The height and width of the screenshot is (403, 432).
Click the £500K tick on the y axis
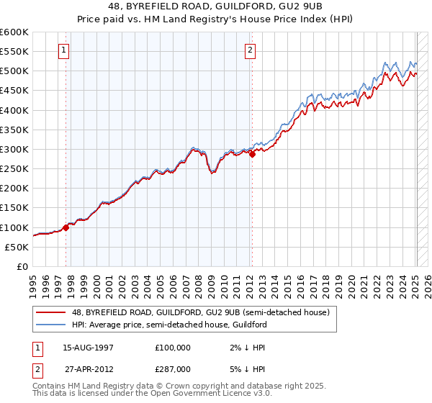point(14,71)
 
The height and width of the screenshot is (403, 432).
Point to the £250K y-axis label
point(14,169)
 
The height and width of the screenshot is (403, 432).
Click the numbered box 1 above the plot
point(65,50)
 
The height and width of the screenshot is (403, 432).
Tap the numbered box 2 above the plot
point(250,50)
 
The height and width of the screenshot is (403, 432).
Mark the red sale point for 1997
point(66,227)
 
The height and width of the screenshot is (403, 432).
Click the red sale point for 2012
point(252,154)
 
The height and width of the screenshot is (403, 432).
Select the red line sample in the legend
point(51,312)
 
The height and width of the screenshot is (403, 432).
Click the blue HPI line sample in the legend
point(51,325)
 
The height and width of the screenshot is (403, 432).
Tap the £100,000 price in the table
point(173,347)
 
